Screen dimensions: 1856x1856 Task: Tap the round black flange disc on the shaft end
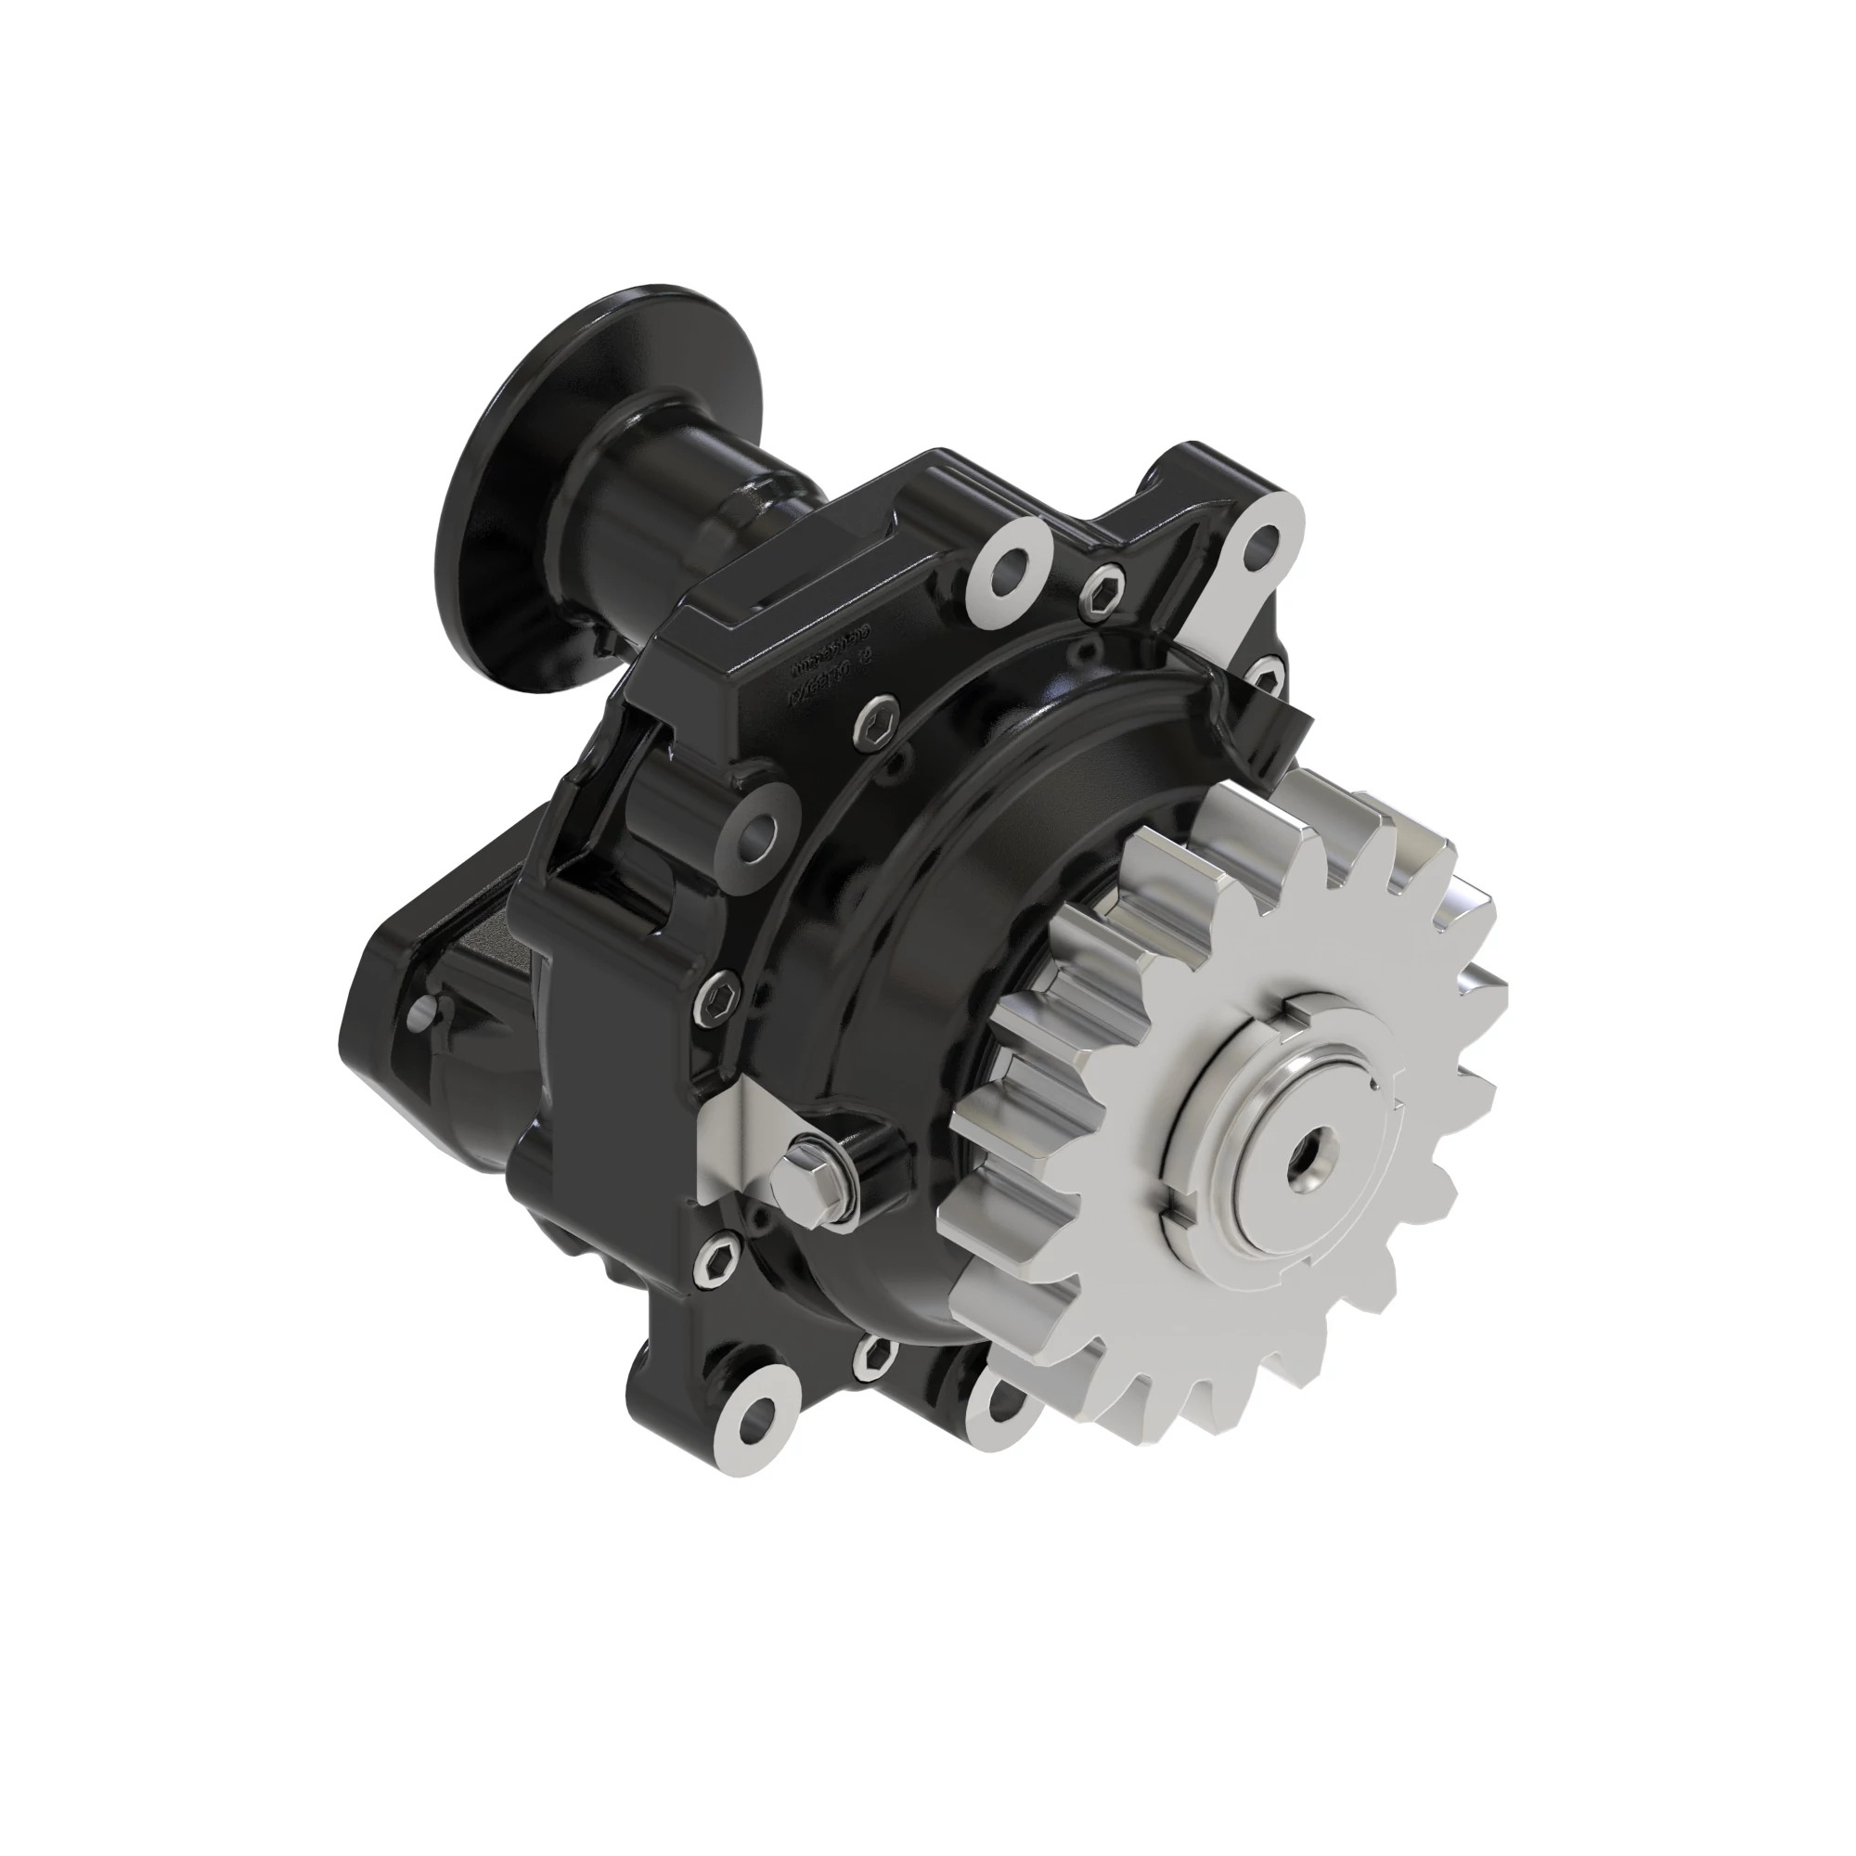point(520,490)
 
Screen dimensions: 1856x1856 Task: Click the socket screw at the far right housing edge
point(1267,678)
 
